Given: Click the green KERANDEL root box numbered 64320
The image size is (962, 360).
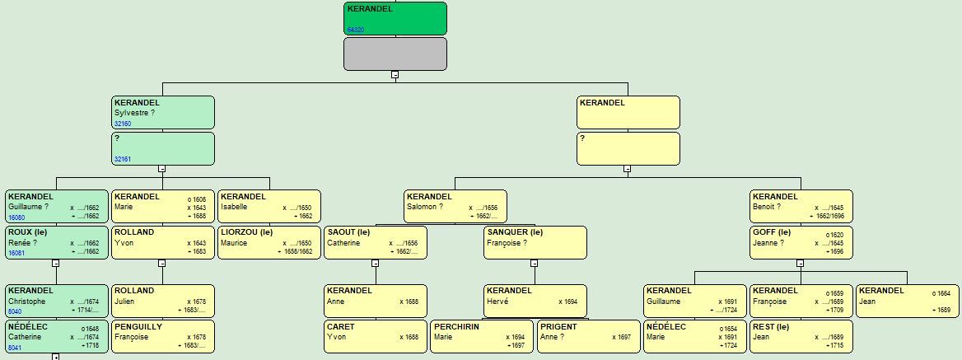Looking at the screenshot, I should [395, 18].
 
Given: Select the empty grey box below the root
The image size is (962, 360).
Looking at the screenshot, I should [395, 54].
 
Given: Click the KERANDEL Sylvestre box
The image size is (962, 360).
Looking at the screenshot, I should [163, 112].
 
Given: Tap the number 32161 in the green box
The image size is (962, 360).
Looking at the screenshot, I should [123, 159].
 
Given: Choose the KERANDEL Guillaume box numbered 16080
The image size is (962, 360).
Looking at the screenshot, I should [56, 207].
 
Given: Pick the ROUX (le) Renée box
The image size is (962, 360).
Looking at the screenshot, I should [56, 242].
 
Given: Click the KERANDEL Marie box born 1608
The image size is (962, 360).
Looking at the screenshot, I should [162, 207].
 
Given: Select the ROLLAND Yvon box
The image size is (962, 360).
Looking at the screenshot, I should [162, 242].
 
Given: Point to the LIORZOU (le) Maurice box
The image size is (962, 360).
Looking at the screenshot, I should [269, 242].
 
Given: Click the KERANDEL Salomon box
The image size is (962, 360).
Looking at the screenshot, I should [455, 207].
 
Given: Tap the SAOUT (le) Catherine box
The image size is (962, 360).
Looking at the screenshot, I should [375, 242].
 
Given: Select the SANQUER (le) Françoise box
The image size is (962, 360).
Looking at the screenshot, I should [535, 242].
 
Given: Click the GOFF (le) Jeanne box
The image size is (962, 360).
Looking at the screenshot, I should [801, 242].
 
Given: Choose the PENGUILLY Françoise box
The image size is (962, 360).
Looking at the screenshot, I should [162, 337].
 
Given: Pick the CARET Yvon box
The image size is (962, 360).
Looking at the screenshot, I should [375, 337].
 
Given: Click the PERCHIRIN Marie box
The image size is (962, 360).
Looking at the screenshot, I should [481, 337].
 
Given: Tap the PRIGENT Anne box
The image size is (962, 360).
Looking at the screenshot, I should [588, 337].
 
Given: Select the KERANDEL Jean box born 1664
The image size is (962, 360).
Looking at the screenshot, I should [907, 301].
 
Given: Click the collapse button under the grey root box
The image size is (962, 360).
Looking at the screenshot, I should [395, 74].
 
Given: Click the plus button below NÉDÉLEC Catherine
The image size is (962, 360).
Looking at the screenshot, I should [56, 357].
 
